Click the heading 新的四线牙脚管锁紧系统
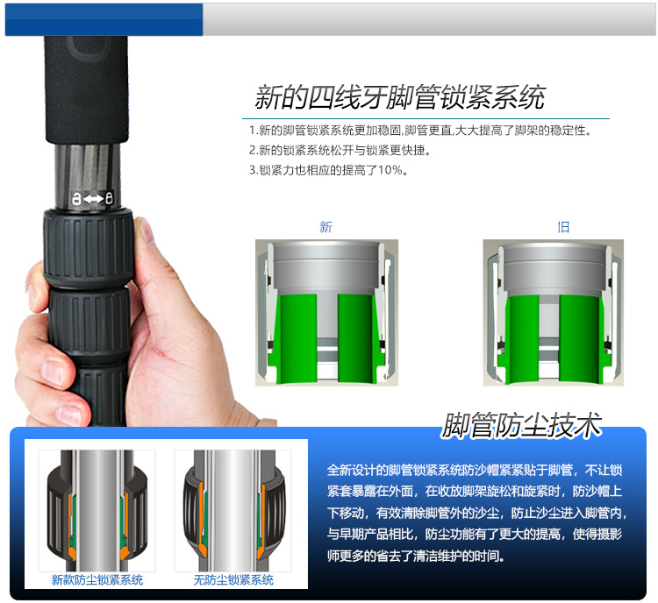pos(400,97)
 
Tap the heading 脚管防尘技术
pos(522,425)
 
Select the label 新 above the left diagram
pos(325,227)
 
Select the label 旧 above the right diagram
pos(563,227)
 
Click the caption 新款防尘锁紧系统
pos(97,580)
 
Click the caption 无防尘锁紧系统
pos(233,580)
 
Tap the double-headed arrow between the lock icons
pos(93,198)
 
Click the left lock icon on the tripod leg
pos(76,198)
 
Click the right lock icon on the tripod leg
pos(109,198)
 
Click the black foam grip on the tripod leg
pos(86,89)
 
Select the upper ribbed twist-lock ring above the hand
pos(89,249)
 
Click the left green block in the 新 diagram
pos(297,338)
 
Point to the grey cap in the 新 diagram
pos(326,268)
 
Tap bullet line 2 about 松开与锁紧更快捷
pos(340,150)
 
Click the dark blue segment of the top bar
pos(104,19)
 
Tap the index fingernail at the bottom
pos(70,415)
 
